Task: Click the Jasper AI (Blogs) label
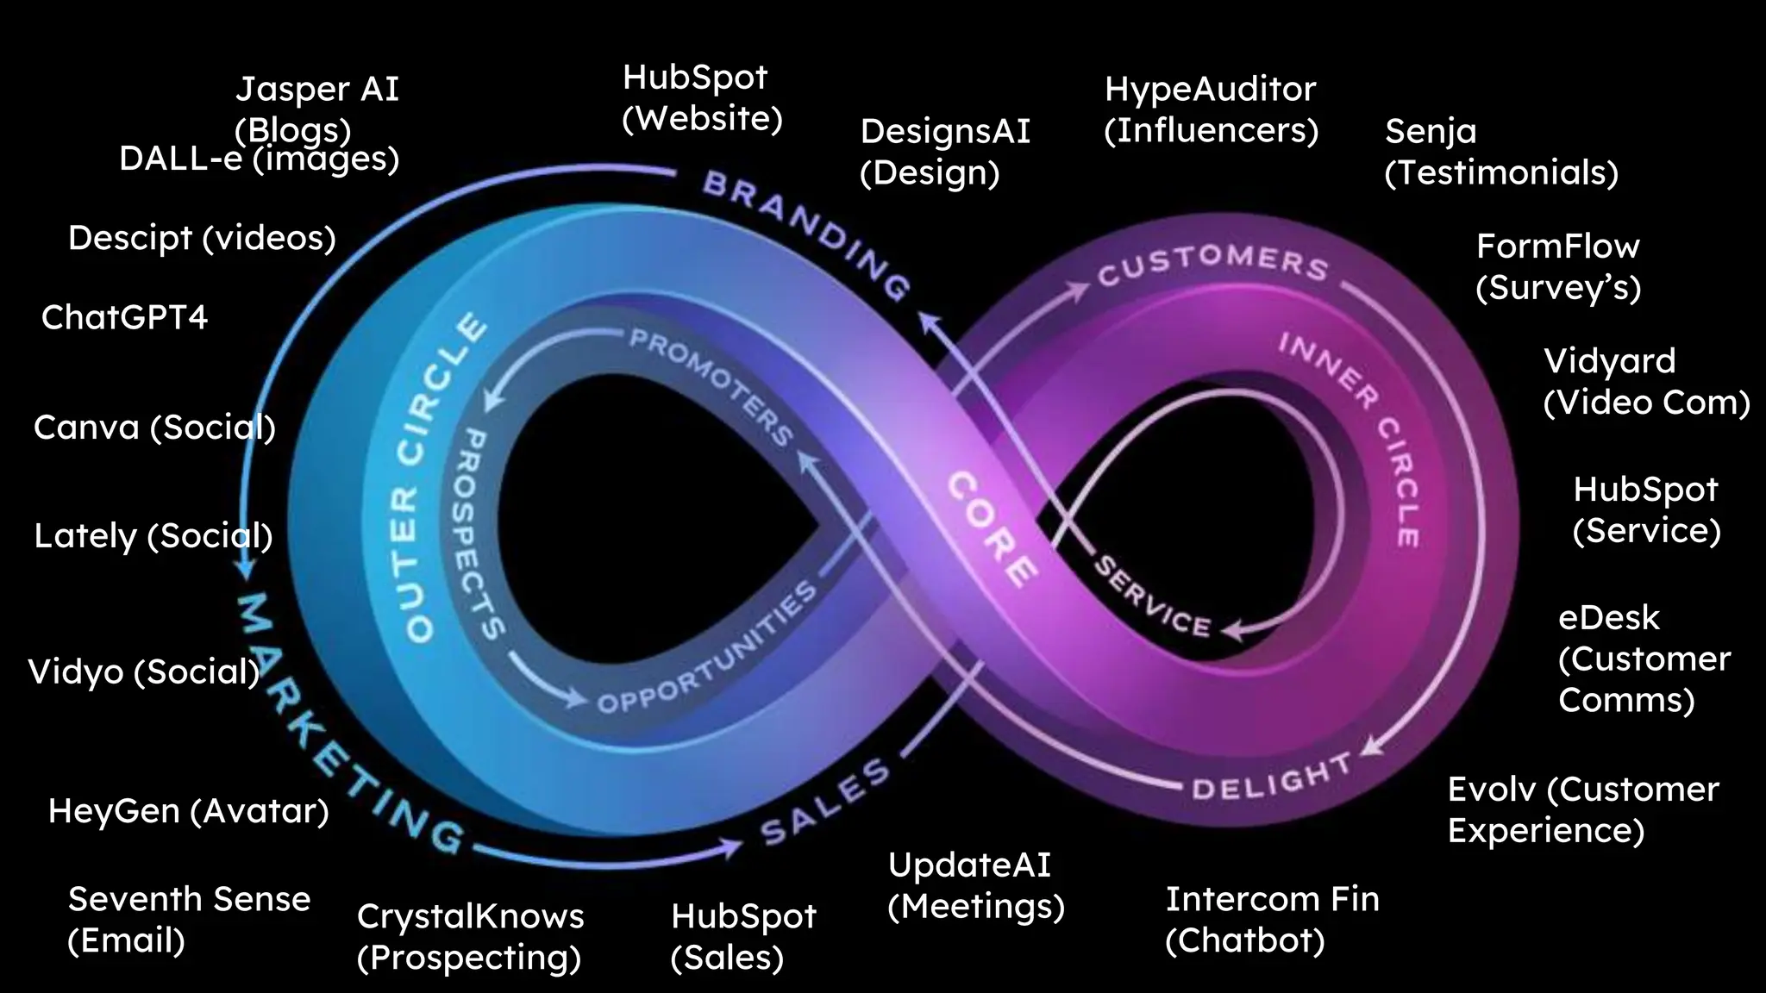316,109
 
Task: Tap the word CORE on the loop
992,529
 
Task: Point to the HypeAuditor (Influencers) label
1211,109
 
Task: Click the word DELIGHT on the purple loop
1271,778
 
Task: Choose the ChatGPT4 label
125,317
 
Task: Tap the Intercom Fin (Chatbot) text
1272,919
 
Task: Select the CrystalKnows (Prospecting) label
470,936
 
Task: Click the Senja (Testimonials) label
1500,152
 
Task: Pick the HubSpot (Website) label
702,97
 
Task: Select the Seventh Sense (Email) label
189,919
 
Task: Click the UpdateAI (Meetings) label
975,885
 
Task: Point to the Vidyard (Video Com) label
1645,381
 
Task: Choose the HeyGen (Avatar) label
188,811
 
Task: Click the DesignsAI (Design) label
945,152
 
